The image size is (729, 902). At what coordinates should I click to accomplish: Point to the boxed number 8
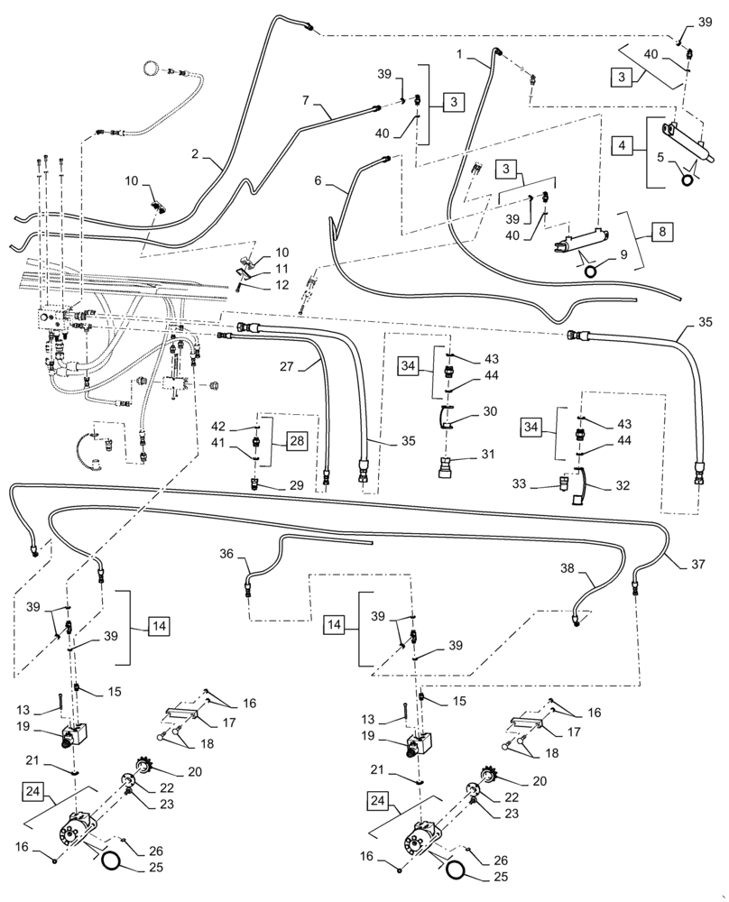[662, 232]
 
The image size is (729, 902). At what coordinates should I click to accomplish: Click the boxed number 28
[297, 440]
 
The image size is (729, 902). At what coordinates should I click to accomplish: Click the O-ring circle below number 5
[689, 179]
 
